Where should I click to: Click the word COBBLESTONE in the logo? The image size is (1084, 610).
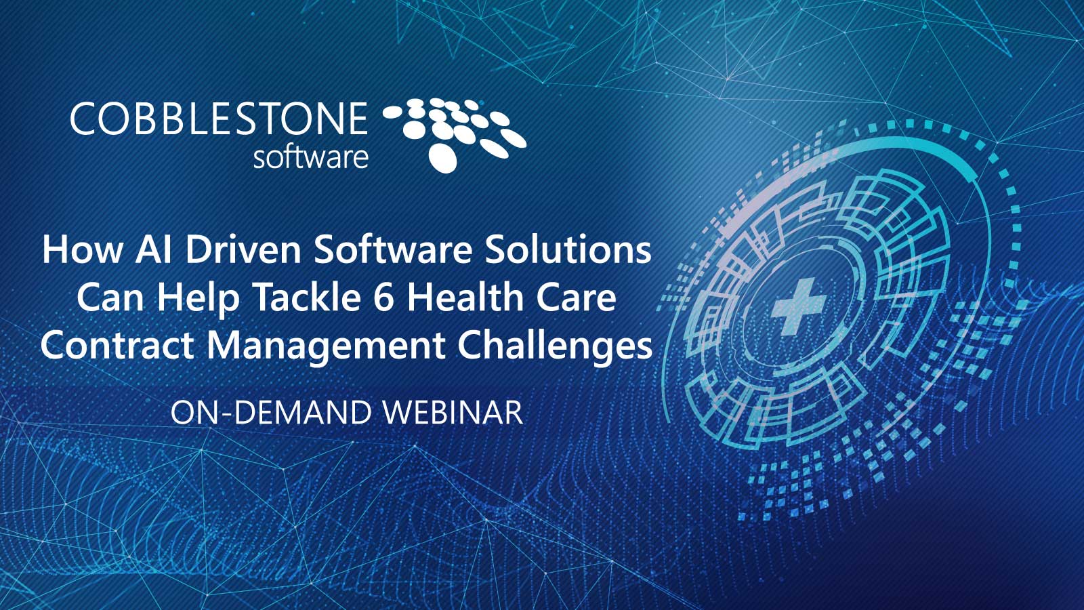[218, 119]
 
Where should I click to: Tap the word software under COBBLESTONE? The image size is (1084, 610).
[310, 157]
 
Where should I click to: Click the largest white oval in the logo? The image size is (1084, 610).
[443, 157]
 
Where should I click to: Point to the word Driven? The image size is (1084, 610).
[243, 249]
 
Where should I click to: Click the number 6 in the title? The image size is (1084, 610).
[383, 298]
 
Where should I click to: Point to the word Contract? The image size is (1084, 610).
[117, 345]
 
